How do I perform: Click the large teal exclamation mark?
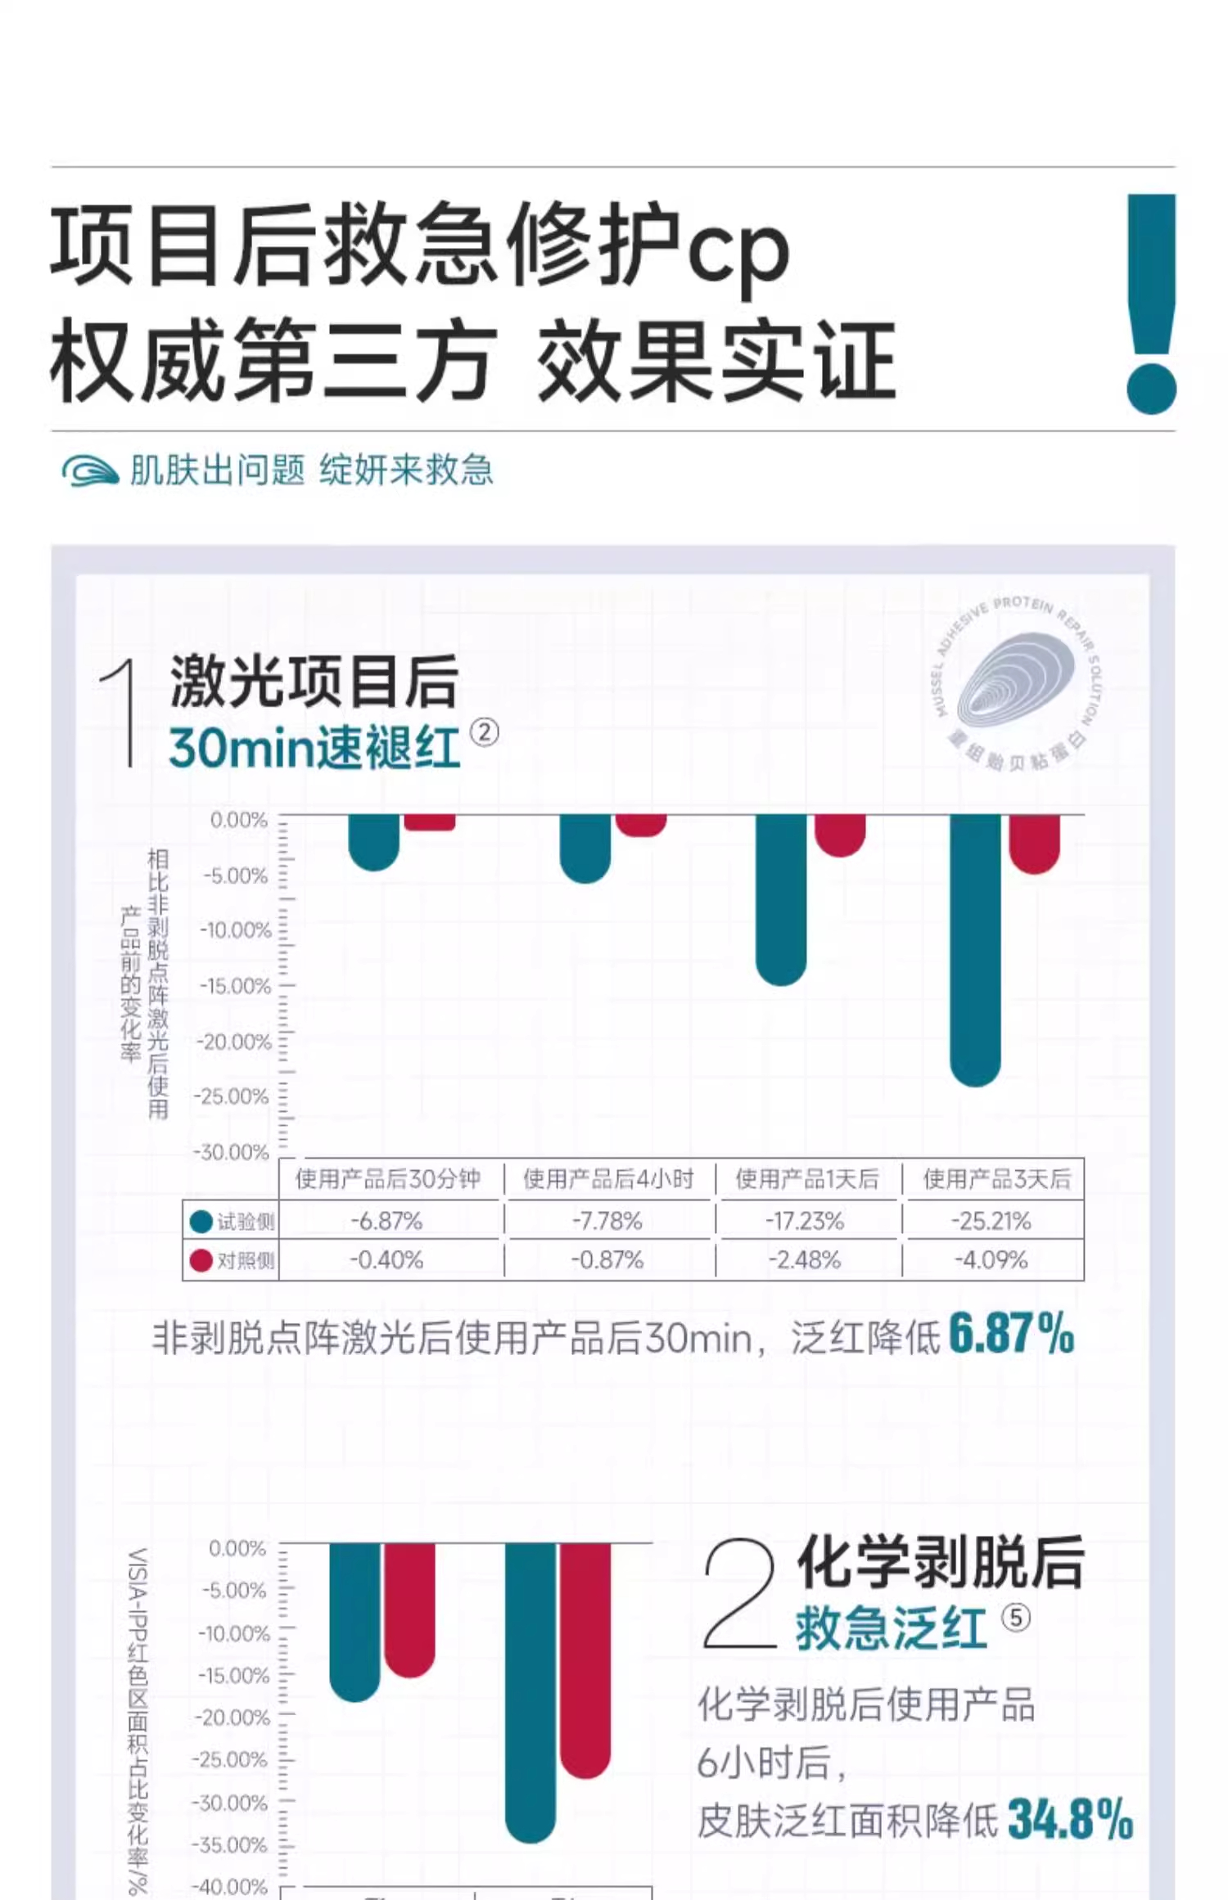(1151, 303)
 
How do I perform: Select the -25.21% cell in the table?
(991, 1221)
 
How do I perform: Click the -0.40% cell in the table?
(386, 1259)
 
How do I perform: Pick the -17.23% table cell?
(805, 1221)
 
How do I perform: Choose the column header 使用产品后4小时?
(607, 1179)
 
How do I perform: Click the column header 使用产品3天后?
(996, 1179)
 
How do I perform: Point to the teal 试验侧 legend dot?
(201, 1222)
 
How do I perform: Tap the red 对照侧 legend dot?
(201, 1260)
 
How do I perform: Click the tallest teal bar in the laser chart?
(975, 949)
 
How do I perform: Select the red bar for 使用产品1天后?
(840, 835)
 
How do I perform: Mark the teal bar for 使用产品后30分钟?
(374, 841)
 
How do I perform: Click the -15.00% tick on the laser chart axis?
(236, 986)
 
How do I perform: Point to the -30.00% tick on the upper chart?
(232, 1152)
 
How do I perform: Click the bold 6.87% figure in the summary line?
(1011, 1334)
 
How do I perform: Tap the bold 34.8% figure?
(1070, 1818)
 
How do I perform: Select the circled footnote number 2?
(484, 732)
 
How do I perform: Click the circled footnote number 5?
(1016, 1618)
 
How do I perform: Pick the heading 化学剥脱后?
(941, 1561)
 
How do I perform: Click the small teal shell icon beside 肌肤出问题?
(89, 470)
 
